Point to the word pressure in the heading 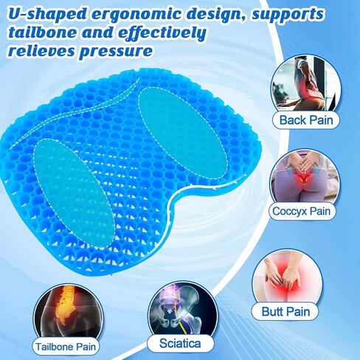[x=119, y=52]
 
